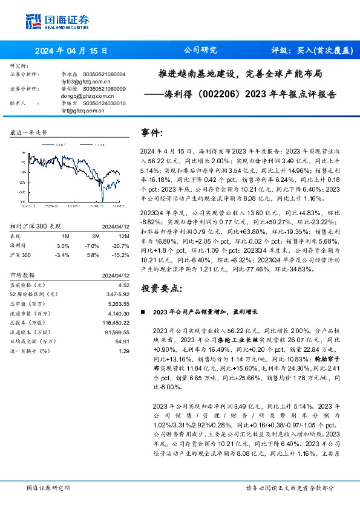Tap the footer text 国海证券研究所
pyautogui.click(x=48, y=488)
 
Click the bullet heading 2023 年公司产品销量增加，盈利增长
pyautogui.click(x=206, y=311)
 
